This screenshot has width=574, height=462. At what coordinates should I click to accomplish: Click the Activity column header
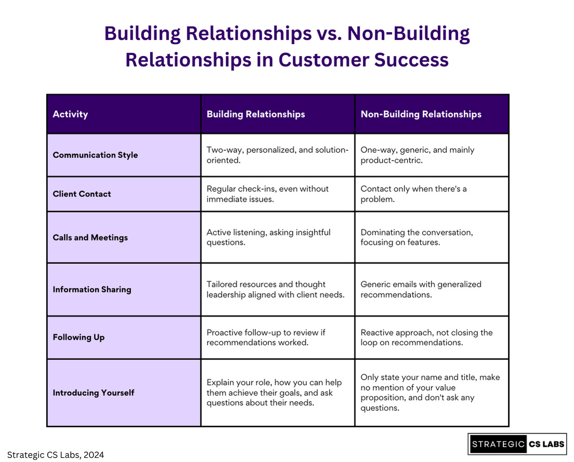70,114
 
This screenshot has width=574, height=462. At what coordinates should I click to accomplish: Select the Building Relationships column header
256,114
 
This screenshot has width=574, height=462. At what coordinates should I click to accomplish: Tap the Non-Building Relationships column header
421,114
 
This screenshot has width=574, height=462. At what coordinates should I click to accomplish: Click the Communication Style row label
95,155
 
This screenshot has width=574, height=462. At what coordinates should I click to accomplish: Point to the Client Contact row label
82,194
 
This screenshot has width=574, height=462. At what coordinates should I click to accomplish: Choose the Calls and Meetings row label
90,237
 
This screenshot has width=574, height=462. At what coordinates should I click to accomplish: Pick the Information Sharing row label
92,289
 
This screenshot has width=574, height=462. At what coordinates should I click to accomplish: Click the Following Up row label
79,337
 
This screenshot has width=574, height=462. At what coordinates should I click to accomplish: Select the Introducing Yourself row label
94,393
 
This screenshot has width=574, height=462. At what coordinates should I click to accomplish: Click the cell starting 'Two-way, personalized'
278,155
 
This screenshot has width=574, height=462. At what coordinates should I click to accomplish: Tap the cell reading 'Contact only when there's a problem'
414,194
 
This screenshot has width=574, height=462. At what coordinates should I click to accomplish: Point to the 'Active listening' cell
269,237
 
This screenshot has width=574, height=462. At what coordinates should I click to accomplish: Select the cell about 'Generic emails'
421,289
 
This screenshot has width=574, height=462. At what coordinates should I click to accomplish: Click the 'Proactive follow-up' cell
266,337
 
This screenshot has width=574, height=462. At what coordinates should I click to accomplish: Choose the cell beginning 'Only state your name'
430,392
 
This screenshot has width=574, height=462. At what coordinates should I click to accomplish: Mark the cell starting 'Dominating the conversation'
417,237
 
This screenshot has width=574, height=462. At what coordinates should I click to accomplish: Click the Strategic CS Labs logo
517,444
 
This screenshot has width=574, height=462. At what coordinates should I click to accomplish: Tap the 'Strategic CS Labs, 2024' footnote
56,455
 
